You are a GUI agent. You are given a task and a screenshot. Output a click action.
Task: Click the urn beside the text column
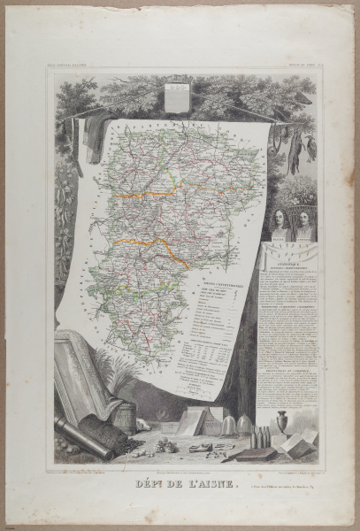pos(282,421)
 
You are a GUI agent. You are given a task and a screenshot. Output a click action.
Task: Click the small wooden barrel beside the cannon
pos(127,416)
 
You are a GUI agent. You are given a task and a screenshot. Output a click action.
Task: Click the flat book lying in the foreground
pos(257,454)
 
